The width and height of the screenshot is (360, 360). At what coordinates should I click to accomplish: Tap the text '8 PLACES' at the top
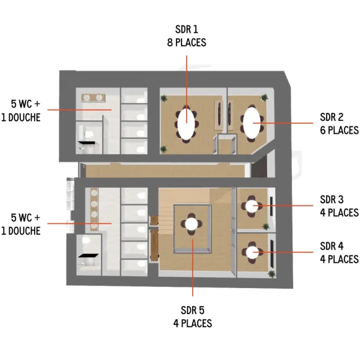pos(187,43)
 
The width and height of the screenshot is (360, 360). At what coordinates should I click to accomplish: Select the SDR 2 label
pos(331,117)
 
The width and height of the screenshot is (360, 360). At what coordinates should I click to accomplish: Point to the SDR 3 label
pos(331,200)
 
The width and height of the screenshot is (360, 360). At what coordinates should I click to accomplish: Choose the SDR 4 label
pos(331,247)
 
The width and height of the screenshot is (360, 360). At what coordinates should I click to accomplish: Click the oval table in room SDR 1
pos(187,123)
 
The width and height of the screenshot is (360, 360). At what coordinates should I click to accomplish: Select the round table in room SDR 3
pos(252,206)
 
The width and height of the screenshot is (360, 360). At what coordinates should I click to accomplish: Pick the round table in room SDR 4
pos(252,252)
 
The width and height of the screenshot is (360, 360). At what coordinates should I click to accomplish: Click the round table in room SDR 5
pos(191,224)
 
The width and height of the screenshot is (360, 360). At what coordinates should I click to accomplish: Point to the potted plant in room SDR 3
pos(271,224)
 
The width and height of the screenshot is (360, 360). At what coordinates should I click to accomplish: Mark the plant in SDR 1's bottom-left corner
pos(164,149)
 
